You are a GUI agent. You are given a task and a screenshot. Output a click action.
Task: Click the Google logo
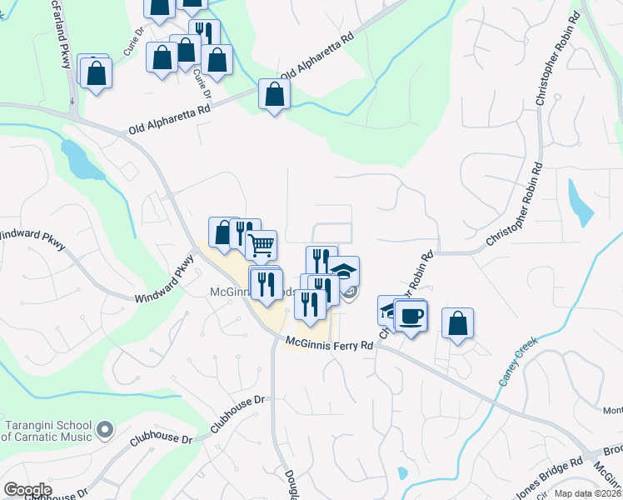(27, 490)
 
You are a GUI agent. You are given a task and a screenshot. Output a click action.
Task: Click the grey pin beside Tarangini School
(104, 430)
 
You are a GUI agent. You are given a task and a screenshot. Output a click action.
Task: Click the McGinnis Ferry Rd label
(328, 342)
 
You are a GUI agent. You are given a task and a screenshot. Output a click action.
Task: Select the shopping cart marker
(262, 245)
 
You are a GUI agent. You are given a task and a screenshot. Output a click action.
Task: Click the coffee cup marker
(410, 316)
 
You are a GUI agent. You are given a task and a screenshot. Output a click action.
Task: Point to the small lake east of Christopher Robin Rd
(579, 202)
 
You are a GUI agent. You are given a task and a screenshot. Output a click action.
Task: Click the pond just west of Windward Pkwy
(78, 159)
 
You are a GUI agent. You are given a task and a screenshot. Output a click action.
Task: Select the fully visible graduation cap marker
(343, 271)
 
